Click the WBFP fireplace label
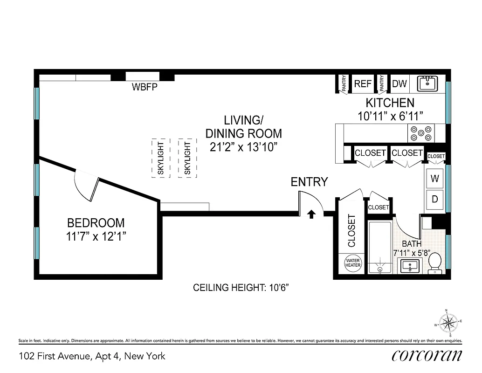(x=144, y=87)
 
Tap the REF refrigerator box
(x=363, y=83)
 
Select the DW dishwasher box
(x=399, y=84)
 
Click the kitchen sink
(x=427, y=83)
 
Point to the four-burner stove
(x=421, y=133)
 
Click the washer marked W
(x=434, y=178)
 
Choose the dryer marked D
(x=434, y=199)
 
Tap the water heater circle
(x=353, y=262)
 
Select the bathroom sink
(x=410, y=266)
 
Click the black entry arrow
(x=311, y=214)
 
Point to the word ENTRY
(x=309, y=182)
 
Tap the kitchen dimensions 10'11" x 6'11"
(x=390, y=116)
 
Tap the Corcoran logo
(x=427, y=356)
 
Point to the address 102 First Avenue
(x=92, y=356)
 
